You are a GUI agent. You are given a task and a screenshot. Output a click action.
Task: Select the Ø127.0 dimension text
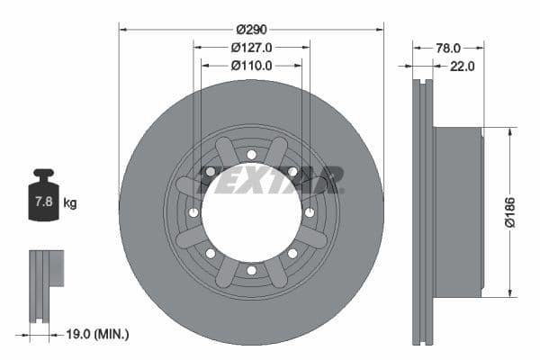[x=251, y=47]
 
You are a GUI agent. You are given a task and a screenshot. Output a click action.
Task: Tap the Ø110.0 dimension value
[x=251, y=65]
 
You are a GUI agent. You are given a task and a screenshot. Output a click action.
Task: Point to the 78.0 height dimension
[x=448, y=47]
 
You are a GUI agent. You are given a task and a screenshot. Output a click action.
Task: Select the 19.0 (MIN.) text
[x=96, y=334]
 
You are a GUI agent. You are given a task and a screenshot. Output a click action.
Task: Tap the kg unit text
[x=70, y=203]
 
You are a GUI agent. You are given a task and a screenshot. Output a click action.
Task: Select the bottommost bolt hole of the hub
[x=251, y=270]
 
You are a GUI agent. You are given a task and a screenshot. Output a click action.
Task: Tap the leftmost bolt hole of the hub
[x=193, y=212]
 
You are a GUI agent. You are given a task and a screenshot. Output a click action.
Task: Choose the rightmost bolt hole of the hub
[x=309, y=212]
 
